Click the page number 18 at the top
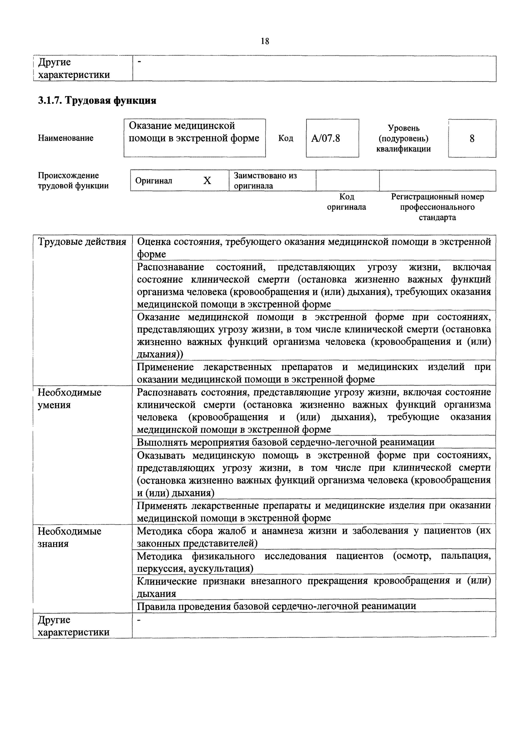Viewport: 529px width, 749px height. coord(265,41)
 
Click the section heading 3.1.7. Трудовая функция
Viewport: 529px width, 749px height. coord(97,100)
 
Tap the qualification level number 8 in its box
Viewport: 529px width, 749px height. coord(472,139)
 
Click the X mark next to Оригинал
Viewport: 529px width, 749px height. coord(207,181)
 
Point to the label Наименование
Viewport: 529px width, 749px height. coord(66,138)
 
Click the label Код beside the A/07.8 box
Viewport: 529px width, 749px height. coord(285,138)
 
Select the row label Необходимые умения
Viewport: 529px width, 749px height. coord(69,398)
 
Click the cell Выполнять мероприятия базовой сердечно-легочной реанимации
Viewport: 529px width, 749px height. coord(285,442)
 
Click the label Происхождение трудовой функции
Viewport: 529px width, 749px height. coord(73,181)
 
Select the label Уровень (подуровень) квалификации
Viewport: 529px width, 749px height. coord(403,139)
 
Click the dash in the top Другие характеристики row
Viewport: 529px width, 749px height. coord(139,62)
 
